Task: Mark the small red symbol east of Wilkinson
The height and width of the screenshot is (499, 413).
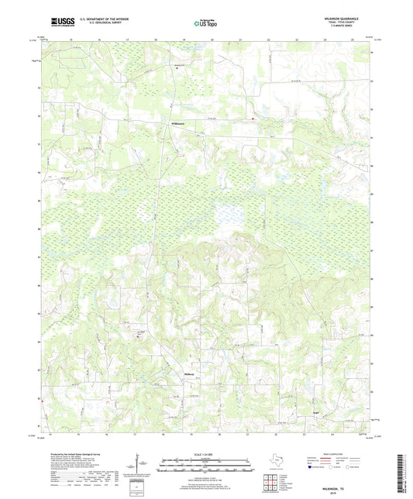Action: tap(253, 119)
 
